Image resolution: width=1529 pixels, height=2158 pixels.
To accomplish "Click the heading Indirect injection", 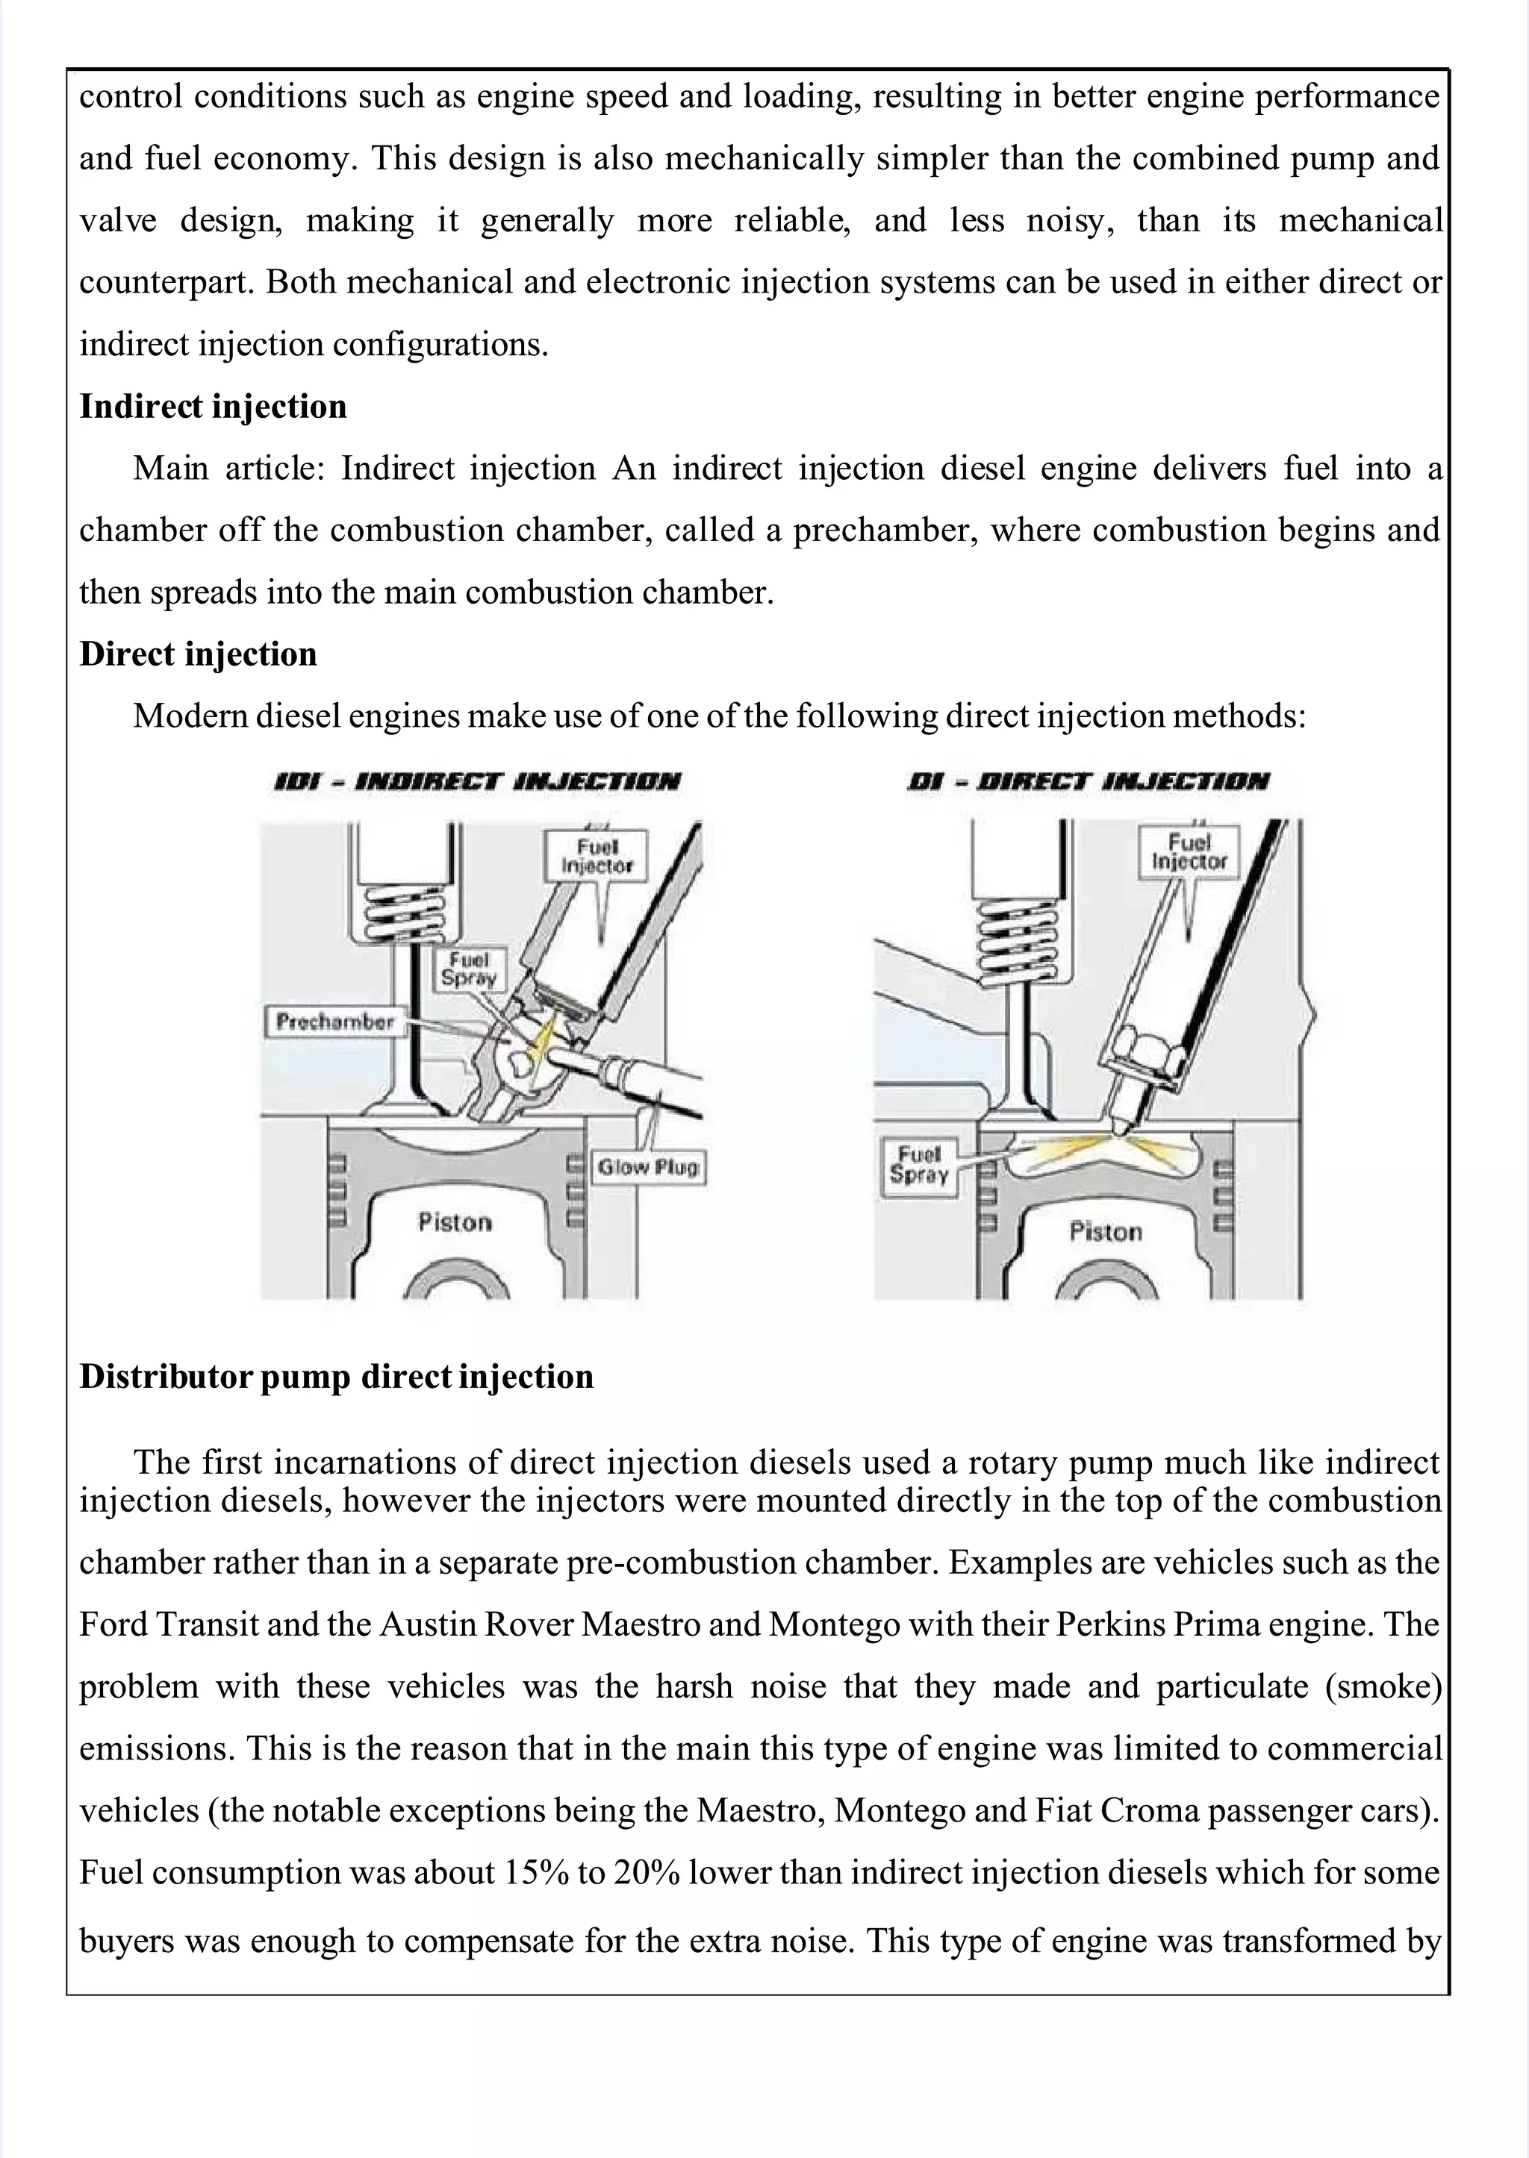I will coord(213,407).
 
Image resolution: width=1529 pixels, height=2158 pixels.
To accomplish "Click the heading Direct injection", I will coord(198,654).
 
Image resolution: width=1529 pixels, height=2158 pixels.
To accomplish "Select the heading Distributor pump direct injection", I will coord(336,1376).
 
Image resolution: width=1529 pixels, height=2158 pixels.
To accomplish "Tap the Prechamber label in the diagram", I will coord(335,1022).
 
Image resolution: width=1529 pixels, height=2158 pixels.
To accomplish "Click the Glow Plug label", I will coord(648,1168).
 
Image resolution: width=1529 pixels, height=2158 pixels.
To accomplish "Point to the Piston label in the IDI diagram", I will coord(455,1222).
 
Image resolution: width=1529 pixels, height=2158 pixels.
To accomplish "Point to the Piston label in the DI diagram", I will coord(1106,1232).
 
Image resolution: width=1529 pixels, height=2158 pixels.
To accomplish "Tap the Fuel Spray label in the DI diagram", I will coord(919,1164).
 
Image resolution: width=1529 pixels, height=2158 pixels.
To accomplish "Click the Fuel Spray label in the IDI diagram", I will coord(468,969).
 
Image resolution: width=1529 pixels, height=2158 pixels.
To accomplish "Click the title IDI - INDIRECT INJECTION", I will coord(476,782).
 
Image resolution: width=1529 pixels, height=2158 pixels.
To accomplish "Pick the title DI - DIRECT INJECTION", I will coord(1088,782).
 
